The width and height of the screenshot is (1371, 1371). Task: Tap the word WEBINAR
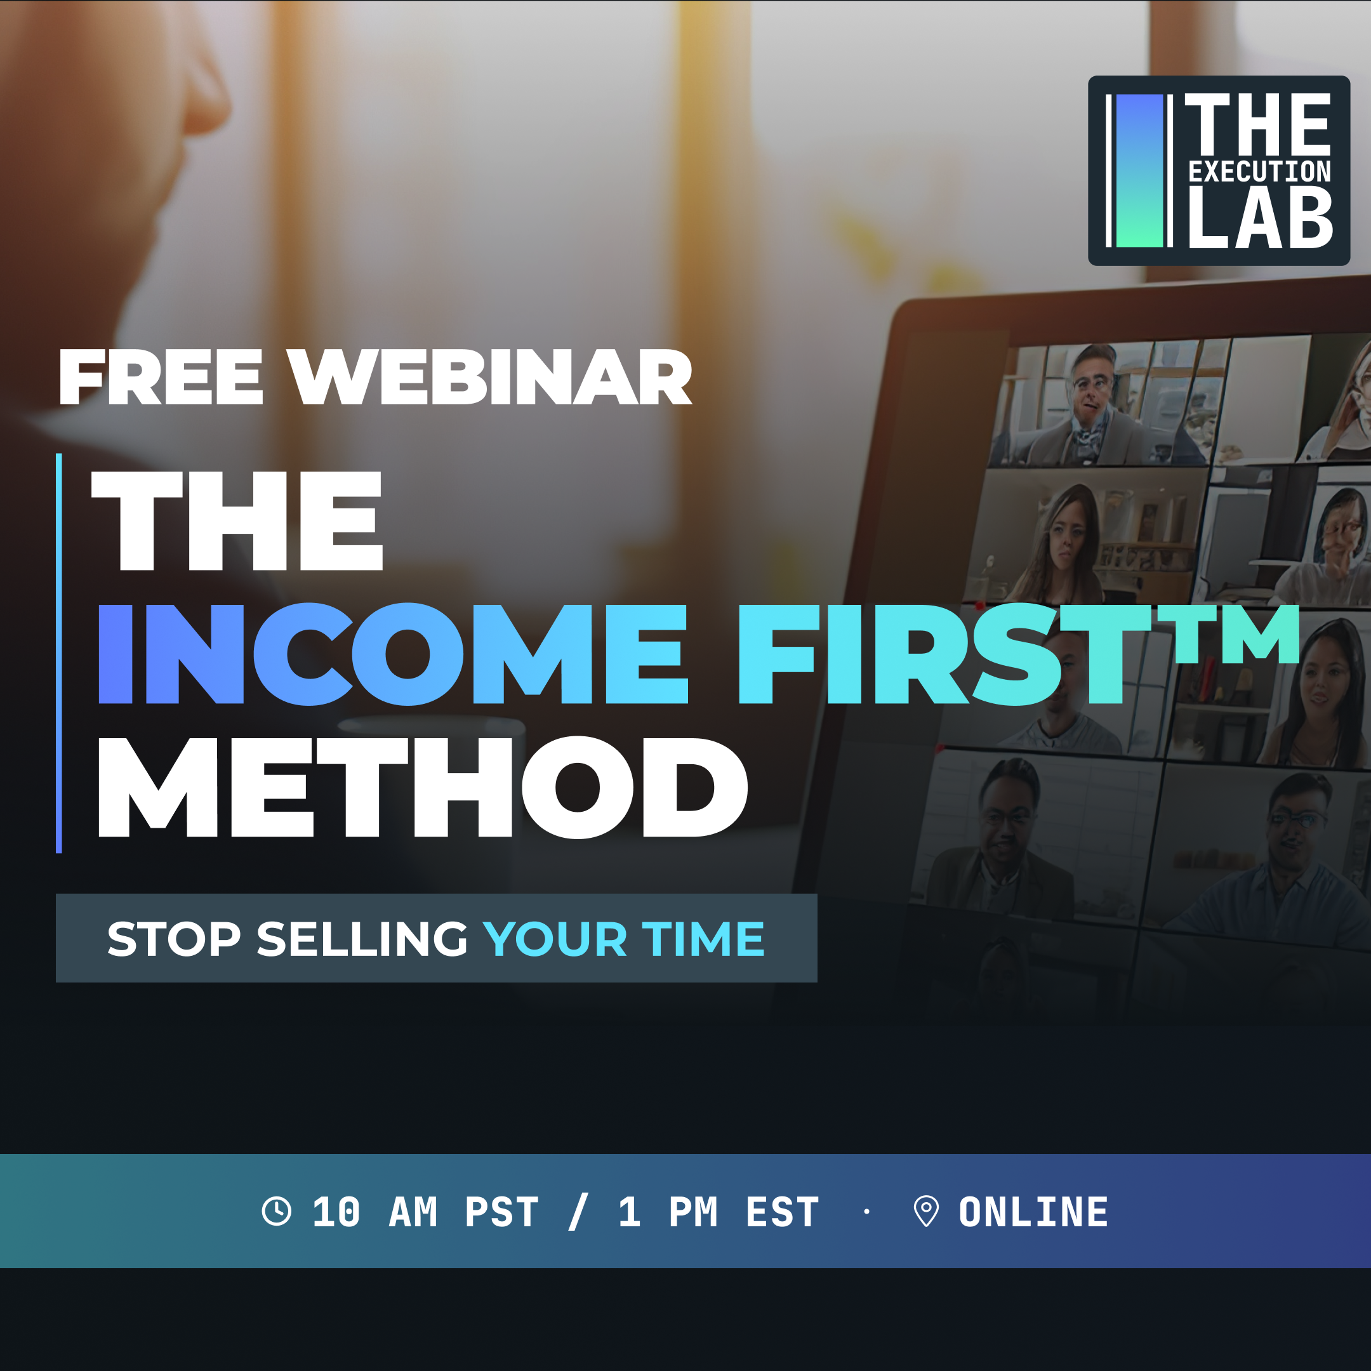click(489, 378)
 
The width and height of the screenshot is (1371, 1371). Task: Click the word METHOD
click(423, 788)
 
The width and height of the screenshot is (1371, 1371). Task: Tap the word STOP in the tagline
click(175, 939)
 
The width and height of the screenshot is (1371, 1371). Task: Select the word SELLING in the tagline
click(362, 939)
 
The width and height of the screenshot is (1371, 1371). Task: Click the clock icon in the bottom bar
click(277, 1211)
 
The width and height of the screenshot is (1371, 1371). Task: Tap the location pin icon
click(926, 1211)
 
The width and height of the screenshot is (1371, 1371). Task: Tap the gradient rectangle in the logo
click(1140, 171)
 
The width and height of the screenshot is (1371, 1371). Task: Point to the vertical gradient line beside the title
click(59, 654)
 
